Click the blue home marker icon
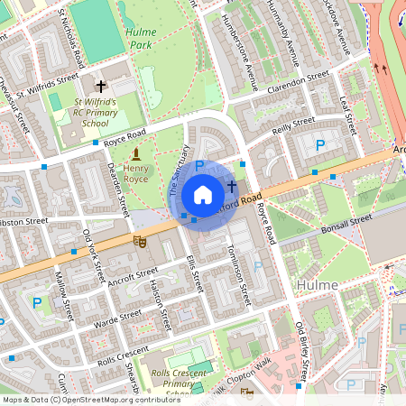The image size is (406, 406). pos(203,195)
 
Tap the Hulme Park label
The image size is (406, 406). pos(138,37)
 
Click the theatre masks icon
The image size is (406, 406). pos(139,241)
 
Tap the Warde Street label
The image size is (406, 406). pos(118,317)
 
